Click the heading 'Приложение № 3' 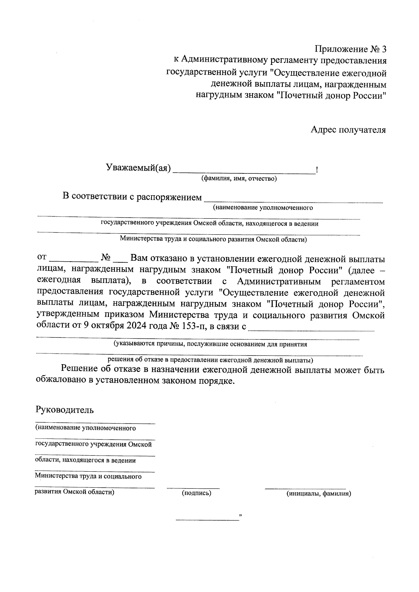pos(351,49)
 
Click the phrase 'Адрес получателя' pos(348,130)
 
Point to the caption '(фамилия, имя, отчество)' pos(238,179)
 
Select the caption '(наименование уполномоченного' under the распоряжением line pos(263,208)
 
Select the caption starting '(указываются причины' pos(210,344)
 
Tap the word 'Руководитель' pos(65,410)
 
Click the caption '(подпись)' pos(197,493)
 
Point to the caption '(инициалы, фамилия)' pos(318,494)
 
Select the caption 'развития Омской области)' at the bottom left pos(75,492)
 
